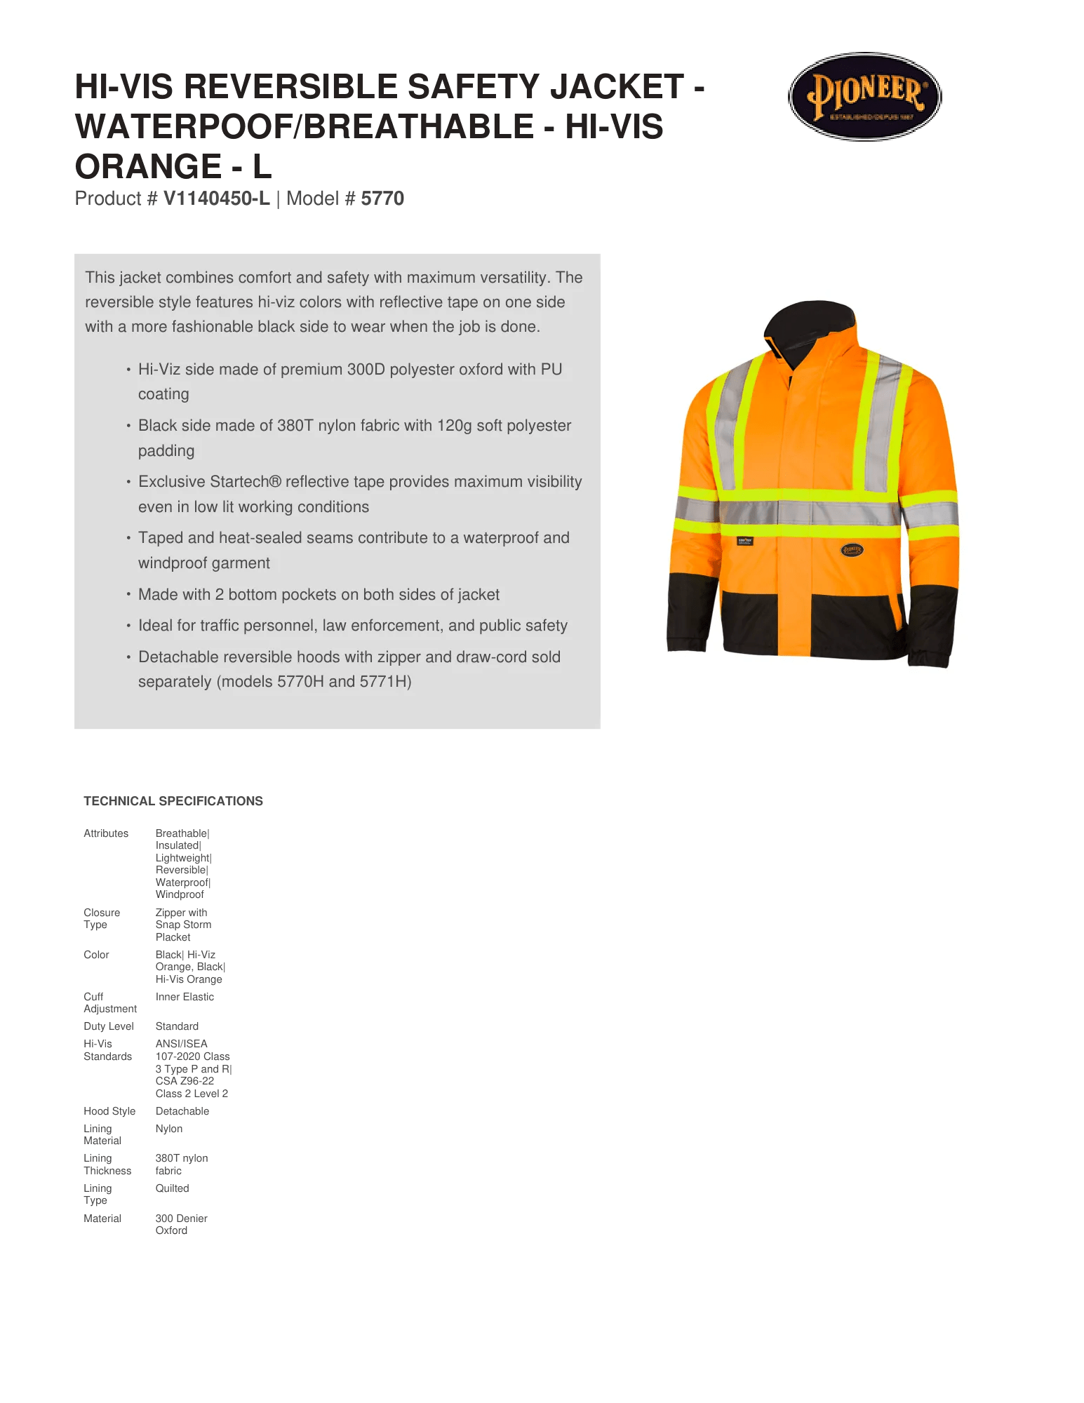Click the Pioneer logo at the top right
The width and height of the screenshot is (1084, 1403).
coord(864,96)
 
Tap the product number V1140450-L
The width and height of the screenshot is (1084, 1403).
coord(216,199)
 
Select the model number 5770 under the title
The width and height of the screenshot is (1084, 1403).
coord(382,199)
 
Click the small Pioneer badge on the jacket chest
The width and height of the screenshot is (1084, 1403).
coord(852,550)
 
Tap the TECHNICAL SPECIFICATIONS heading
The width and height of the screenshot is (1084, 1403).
coord(173,801)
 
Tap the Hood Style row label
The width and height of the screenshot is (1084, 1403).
coord(109,1111)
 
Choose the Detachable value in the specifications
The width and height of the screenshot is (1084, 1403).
coord(182,1111)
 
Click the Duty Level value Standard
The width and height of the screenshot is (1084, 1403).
coord(177,1026)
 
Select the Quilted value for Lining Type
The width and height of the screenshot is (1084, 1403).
coord(172,1188)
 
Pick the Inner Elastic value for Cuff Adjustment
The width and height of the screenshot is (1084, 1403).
coord(185,997)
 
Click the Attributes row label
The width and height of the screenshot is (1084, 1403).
coord(106,833)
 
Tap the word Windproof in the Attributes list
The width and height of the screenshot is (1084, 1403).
coord(180,894)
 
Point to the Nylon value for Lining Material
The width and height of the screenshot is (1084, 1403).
coord(169,1129)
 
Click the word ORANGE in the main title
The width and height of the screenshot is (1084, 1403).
coord(148,167)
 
